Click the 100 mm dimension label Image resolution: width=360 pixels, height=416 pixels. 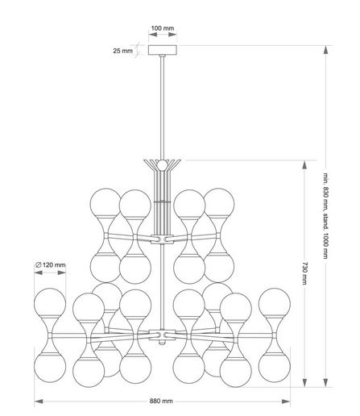pos(163,28)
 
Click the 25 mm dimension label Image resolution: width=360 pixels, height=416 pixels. pos(122,51)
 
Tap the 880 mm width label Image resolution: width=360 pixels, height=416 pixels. pos(161,401)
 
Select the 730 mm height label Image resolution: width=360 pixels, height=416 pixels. pos(304,273)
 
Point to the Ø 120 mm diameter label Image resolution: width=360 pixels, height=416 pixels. pos(50,265)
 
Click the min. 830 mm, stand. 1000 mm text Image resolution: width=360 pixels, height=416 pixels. pos(325,216)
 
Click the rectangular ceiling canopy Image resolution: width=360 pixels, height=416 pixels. pos(163,50)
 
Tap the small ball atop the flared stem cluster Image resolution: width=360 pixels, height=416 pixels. pos(162,165)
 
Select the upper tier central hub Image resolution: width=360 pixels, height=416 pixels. pos(162,239)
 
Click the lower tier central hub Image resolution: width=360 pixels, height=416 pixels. pos(162,335)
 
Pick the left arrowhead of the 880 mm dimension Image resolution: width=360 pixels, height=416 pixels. pos(39,401)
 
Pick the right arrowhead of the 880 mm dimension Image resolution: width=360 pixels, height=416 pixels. pos(286,401)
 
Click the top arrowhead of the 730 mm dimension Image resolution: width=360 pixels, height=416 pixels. pos(304,164)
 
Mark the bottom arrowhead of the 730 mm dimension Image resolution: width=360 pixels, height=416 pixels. pos(304,383)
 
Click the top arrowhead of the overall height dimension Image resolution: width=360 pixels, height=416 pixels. pos(325,50)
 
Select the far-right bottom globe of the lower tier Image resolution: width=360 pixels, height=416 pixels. pos(275,368)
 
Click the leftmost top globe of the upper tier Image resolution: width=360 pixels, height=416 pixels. pos(106,202)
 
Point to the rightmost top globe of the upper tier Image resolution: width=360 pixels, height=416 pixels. pos(219,202)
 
